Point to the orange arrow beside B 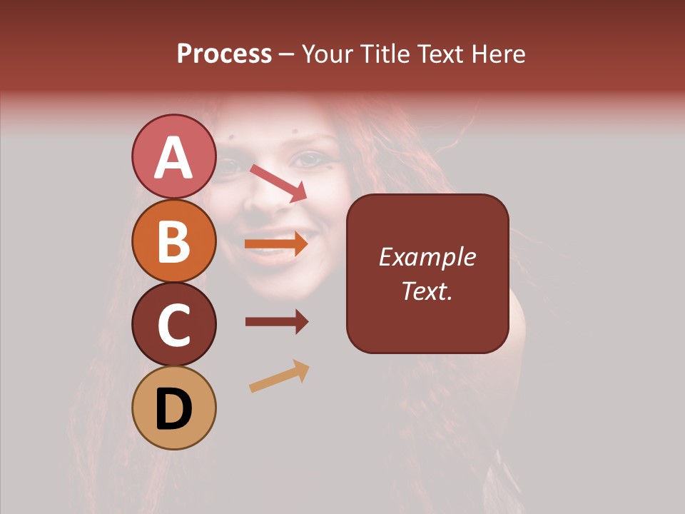276,244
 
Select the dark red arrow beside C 276,322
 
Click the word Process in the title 224,54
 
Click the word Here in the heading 499,54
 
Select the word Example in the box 427,257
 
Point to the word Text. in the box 427,291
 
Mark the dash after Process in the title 287,55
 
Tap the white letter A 173,157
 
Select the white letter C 173,326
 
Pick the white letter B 173,241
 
